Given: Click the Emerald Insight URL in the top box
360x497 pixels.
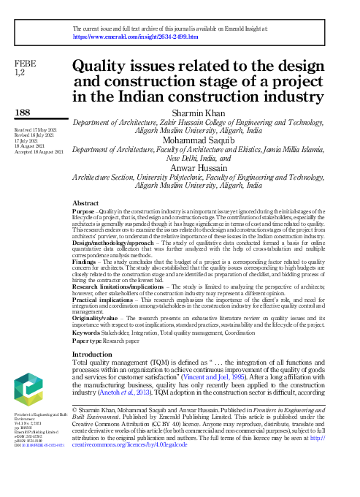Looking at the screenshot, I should pyautogui.click(x=136, y=36).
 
